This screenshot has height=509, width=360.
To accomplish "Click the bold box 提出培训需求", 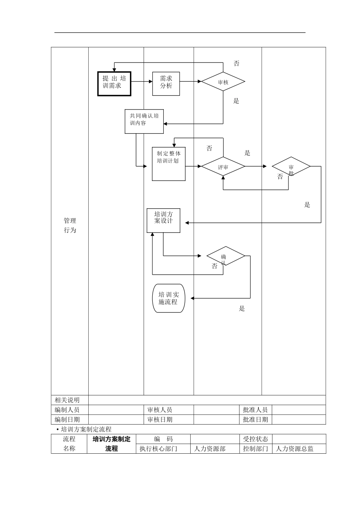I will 114,84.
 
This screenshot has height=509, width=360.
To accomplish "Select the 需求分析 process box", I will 166,84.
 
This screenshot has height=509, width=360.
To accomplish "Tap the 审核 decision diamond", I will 223,82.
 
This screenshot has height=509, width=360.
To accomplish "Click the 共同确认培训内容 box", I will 144,121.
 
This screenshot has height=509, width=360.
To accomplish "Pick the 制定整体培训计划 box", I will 169,164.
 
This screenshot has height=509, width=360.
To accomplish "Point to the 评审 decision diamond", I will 223,167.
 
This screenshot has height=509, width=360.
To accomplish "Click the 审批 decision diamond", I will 291,167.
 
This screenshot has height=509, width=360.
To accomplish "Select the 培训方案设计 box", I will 163,220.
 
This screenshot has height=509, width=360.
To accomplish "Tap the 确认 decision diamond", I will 225,256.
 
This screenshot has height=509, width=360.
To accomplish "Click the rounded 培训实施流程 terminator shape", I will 169,298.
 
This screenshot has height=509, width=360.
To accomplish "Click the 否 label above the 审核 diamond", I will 236,64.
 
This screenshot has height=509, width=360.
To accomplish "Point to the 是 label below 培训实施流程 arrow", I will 242,308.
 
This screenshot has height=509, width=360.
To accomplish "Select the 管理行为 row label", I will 70,225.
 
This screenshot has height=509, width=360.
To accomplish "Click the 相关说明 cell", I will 67,400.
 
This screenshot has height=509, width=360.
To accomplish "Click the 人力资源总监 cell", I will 294,449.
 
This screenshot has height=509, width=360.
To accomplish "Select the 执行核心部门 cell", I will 158,449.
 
